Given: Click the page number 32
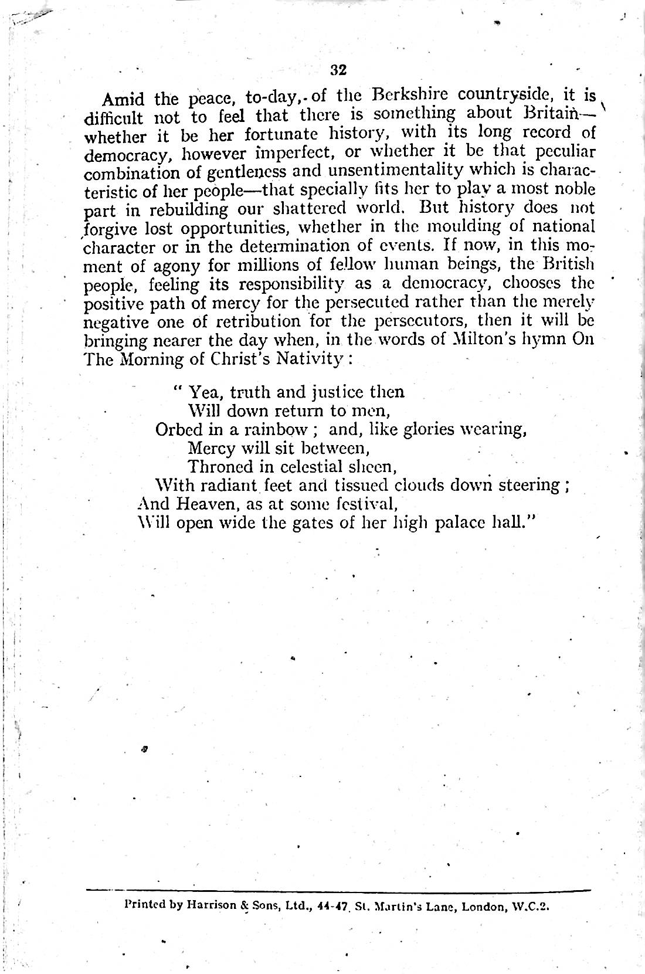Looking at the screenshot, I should click(339, 70).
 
